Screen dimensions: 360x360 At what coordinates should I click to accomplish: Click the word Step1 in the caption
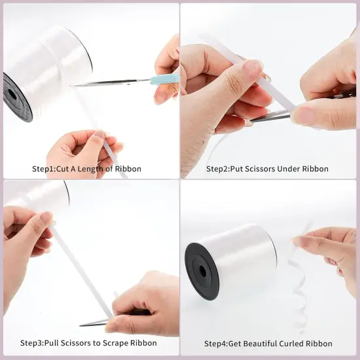pyautogui.click(x=45, y=169)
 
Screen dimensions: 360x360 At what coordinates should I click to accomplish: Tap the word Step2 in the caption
pyautogui.click(x=219, y=169)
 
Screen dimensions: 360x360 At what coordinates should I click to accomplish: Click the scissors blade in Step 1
pyautogui.click(x=111, y=82)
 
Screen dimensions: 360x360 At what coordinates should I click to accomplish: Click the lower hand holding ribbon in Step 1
pyautogui.click(x=82, y=147)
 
